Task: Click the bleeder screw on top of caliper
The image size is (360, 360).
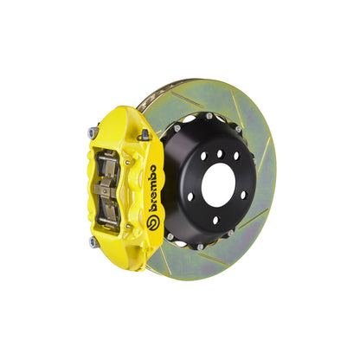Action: (x=145, y=135)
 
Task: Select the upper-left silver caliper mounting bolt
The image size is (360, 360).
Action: (x=93, y=132)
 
